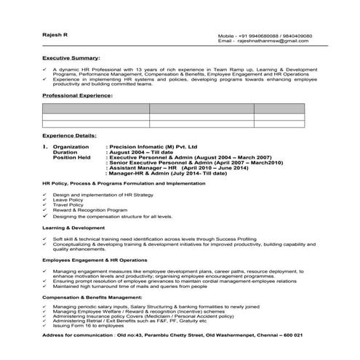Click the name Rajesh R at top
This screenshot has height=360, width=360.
click(54, 35)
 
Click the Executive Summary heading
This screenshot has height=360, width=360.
click(71, 57)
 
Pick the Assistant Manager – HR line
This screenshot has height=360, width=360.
click(177, 167)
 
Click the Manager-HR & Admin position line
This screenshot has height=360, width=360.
click(169, 172)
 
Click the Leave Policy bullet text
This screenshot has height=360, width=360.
click(68, 200)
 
